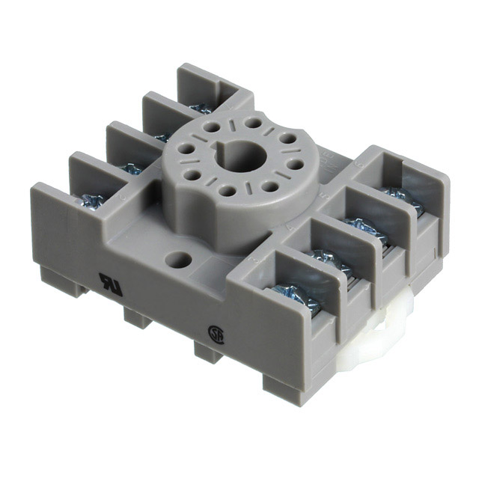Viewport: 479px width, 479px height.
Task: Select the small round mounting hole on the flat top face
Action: (x=177, y=261)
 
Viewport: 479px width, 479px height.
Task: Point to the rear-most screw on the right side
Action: (x=397, y=196)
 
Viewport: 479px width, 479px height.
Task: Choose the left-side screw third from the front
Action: (x=162, y=137)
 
